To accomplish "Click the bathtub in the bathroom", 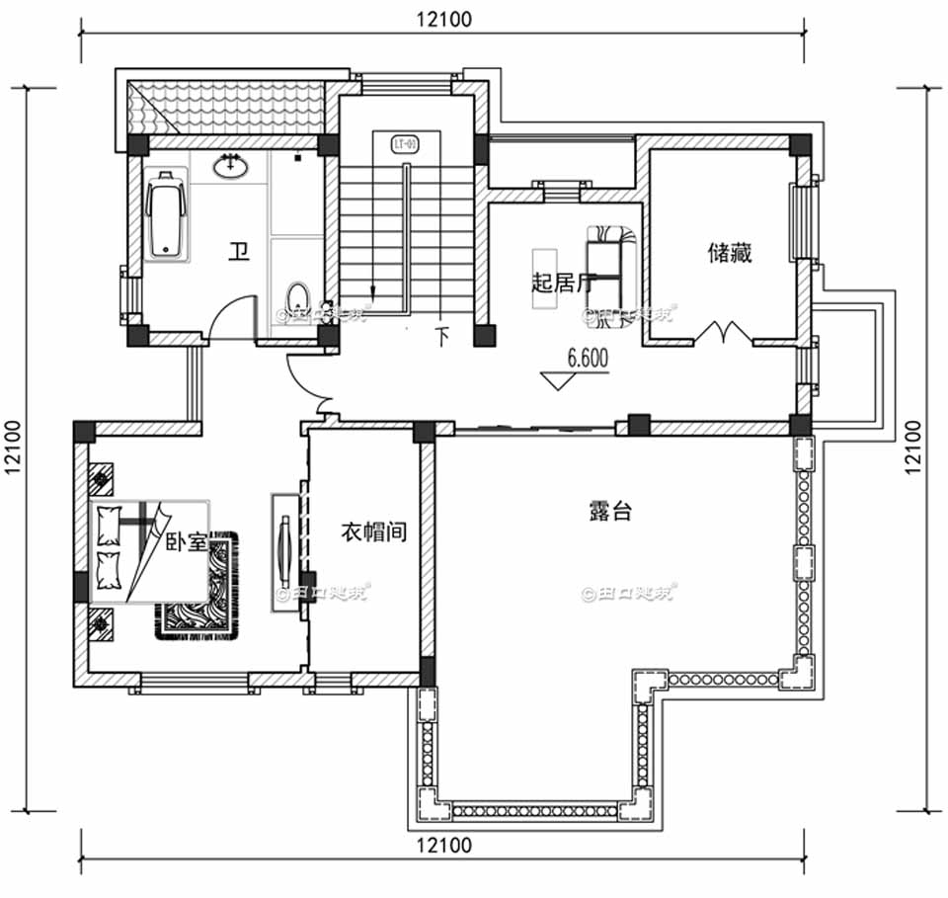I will pyautogui.click(x=166, y=216).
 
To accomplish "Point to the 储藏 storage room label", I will pyautogui.click(x=729, y=254).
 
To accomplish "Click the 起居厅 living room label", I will pyautogui.click(x=561, y=284).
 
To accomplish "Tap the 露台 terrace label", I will pyautogui.click(x=610, y=512).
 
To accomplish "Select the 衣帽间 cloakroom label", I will pyautogui.click(x=375, y=532).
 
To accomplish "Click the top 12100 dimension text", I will pyautogui.click(x=443, y=18).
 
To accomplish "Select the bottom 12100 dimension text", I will pyautogui.click(x=443, y=846).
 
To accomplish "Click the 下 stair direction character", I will pyautogui.click(x=442, y=336).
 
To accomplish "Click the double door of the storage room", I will pyautogui.click(x=719, y=334).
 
